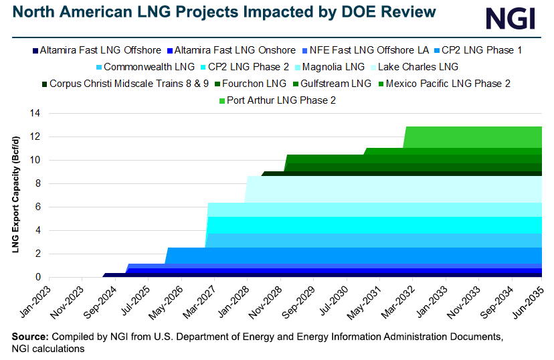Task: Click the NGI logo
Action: pyautogui.click(x=510, y=17)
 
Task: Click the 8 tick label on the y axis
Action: pyautogui.click(x=38, y=184)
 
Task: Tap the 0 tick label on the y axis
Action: pyautogui.click(x=38, y=277)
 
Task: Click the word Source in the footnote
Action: pyautogui.click(x=29, y=336)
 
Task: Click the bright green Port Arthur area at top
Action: pyautogui.click(x=475, y=137)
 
